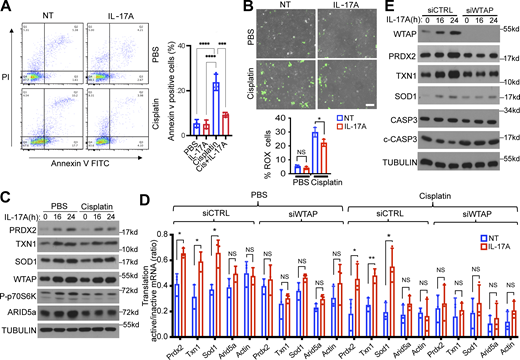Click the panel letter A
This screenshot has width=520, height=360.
pyautogui.click(x=6, y=8)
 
